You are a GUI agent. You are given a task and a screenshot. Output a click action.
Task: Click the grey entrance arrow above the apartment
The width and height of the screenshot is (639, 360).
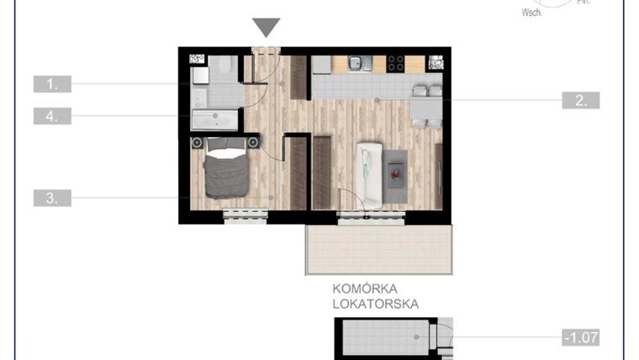click(267, 28)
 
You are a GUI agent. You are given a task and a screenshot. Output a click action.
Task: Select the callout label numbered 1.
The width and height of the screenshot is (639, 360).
click(52, 84)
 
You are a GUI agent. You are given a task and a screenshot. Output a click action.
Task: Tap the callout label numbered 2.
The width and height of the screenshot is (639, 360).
click(581, 100)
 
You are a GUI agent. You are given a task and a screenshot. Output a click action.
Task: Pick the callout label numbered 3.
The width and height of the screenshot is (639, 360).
click(52, 199)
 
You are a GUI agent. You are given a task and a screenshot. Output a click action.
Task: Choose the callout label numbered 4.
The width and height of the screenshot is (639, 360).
click(52, 116)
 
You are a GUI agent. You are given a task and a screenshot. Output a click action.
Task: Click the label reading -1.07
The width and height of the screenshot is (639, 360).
click(581, 339)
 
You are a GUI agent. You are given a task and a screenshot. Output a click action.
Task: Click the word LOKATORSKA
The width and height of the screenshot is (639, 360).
click(376, 304)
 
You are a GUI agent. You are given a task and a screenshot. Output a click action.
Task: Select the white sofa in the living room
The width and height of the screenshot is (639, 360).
click(369, 174)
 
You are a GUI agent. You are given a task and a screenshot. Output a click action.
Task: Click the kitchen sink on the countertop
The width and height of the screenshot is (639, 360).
click(356, 62)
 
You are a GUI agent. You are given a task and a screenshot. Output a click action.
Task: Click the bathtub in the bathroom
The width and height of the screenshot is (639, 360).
click(216, 119)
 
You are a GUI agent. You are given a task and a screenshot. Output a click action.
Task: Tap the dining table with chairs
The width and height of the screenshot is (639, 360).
click(426, 107)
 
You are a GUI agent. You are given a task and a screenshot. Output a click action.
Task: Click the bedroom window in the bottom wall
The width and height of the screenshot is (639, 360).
click(246, 217)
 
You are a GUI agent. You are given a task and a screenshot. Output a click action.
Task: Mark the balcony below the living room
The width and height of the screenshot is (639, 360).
click(378, 250)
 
